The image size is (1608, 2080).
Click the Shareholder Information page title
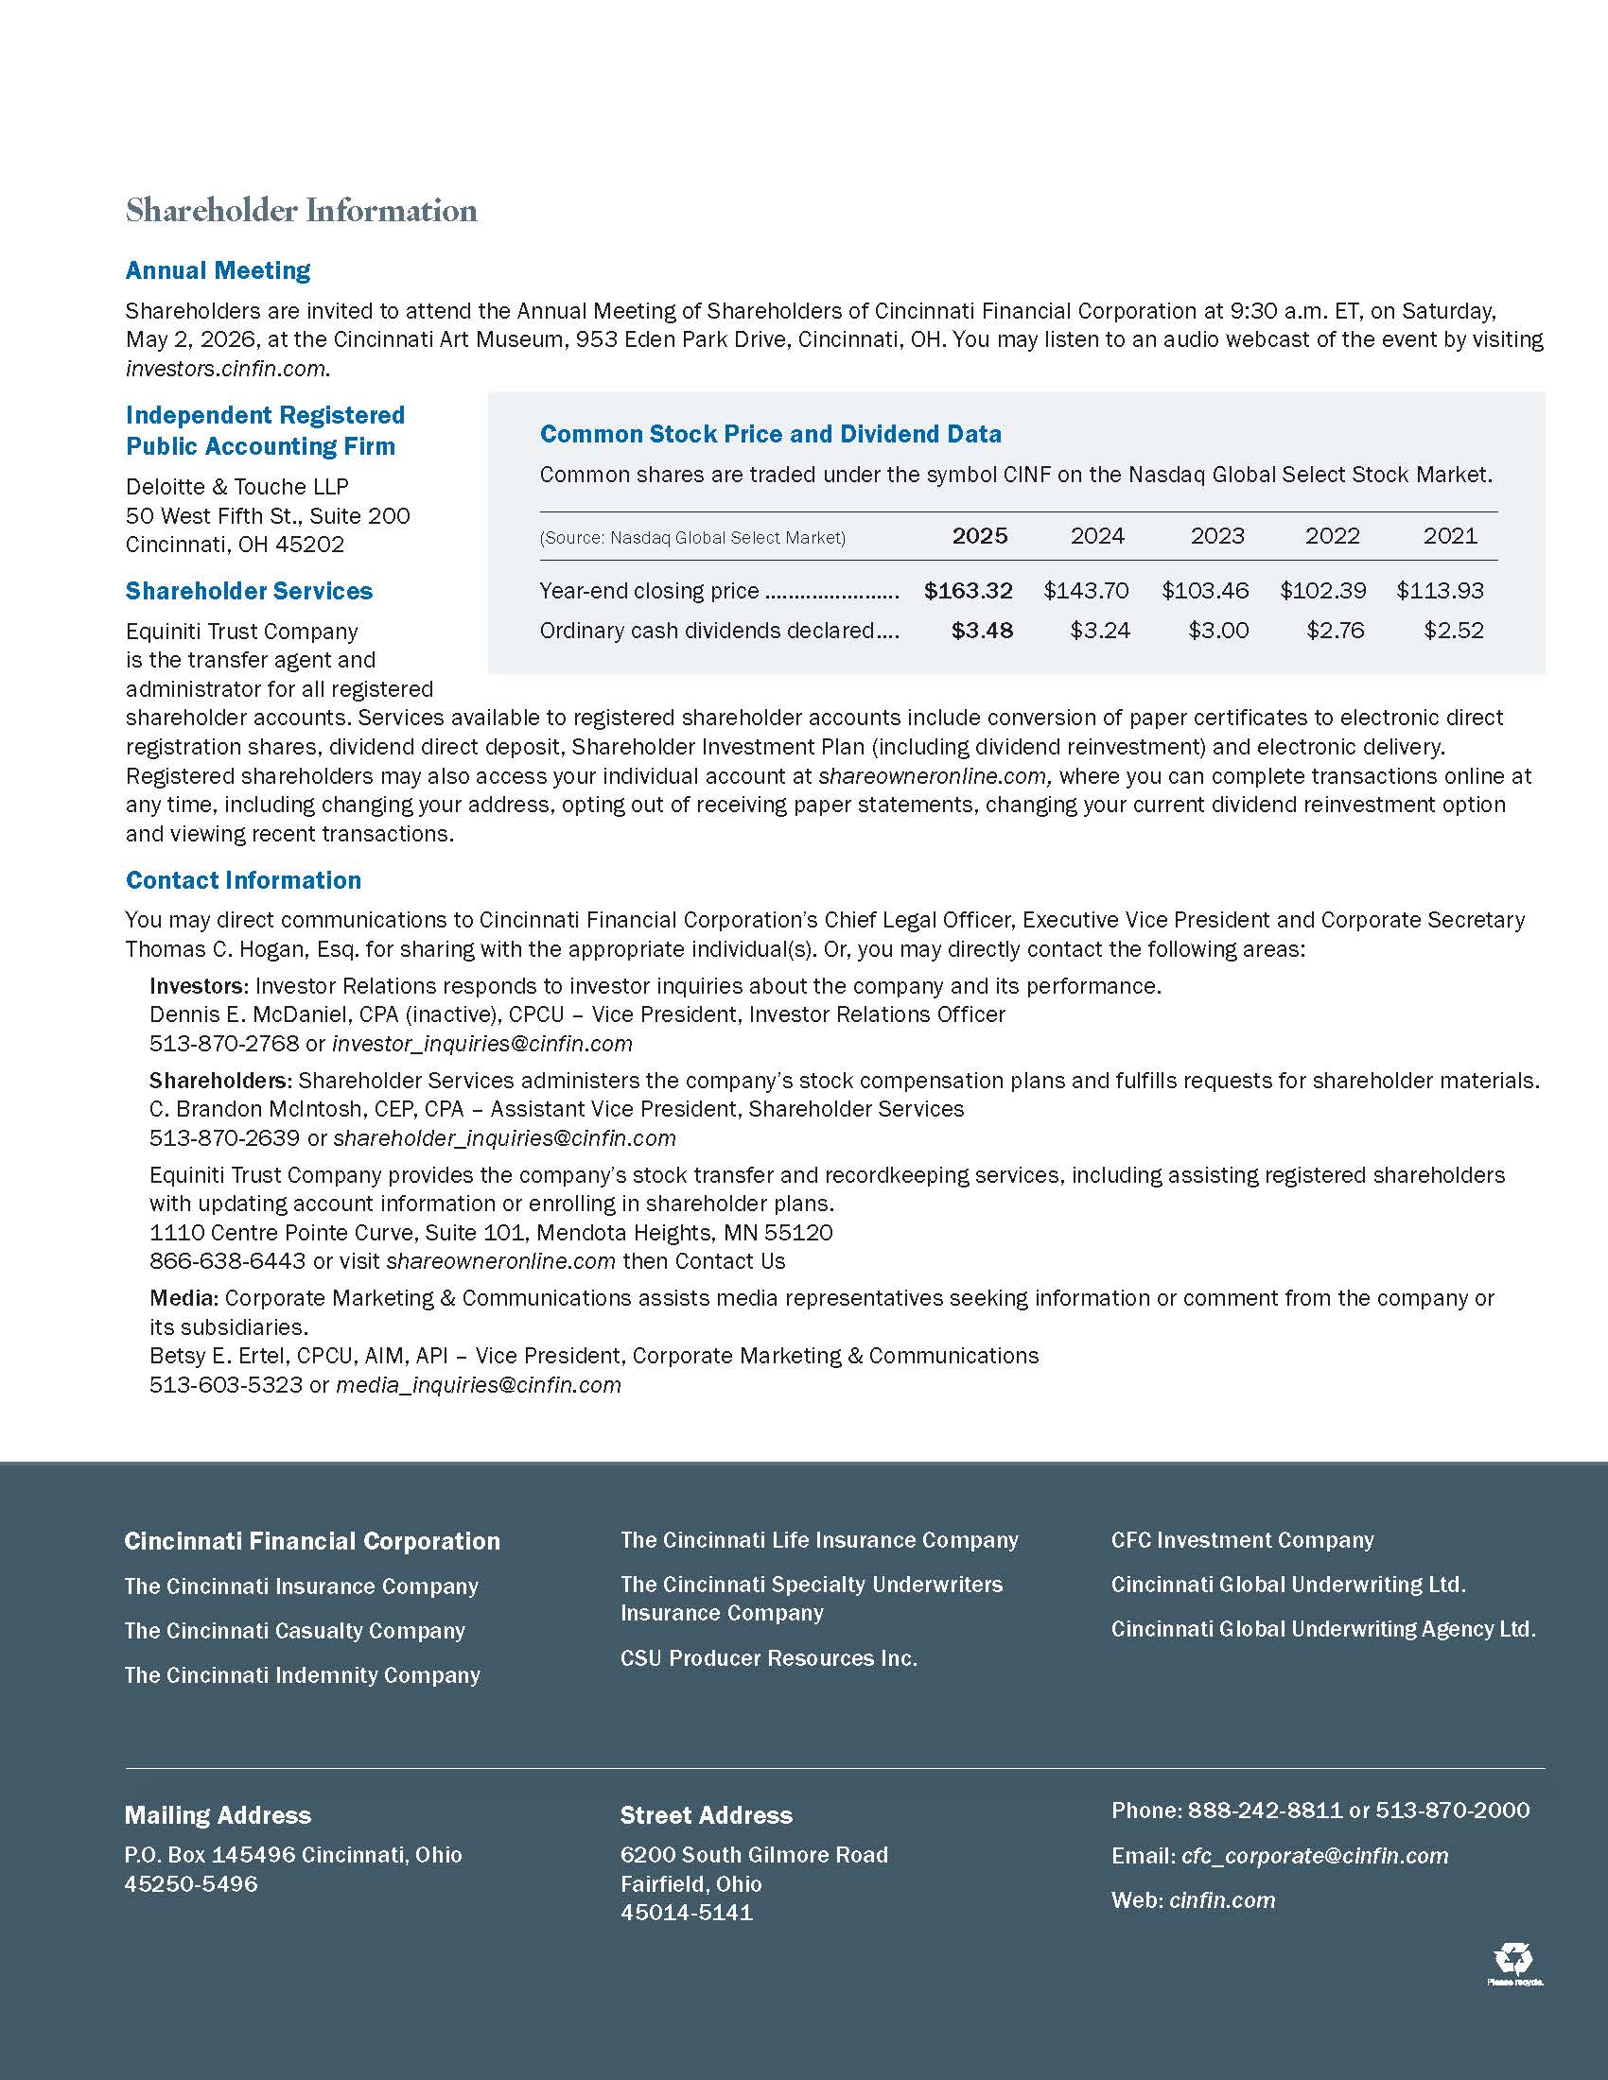pos(301,211)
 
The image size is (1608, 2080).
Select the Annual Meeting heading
pos(218,270)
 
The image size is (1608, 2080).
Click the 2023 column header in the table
pos(1216,536)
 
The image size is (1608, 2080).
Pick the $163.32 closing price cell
pos(968,591)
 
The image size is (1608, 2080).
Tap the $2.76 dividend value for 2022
pos(1335,631)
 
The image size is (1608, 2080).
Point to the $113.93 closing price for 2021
pos(1440,591)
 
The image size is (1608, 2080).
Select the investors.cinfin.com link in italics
pos(226,369)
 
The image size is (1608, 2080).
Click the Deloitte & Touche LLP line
pos(237,487)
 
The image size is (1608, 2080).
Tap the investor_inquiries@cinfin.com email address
pos(482,1044)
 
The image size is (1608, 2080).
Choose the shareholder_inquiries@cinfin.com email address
pos(504,1138)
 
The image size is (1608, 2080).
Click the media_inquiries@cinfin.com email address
pos(479,1385)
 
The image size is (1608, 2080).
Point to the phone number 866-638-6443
pos(228,1261)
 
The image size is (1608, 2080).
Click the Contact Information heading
pos(244,880)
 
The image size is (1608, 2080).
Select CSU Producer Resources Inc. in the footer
pos(769,1658)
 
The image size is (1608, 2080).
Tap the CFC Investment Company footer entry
pos(1242,1540)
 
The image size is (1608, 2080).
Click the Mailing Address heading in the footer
pos(218,1815)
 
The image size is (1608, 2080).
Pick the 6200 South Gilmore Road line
pos(754,1855)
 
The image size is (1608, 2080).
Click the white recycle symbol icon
pos(1512,1959)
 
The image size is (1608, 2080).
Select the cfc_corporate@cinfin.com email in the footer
pos(1315,1855)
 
